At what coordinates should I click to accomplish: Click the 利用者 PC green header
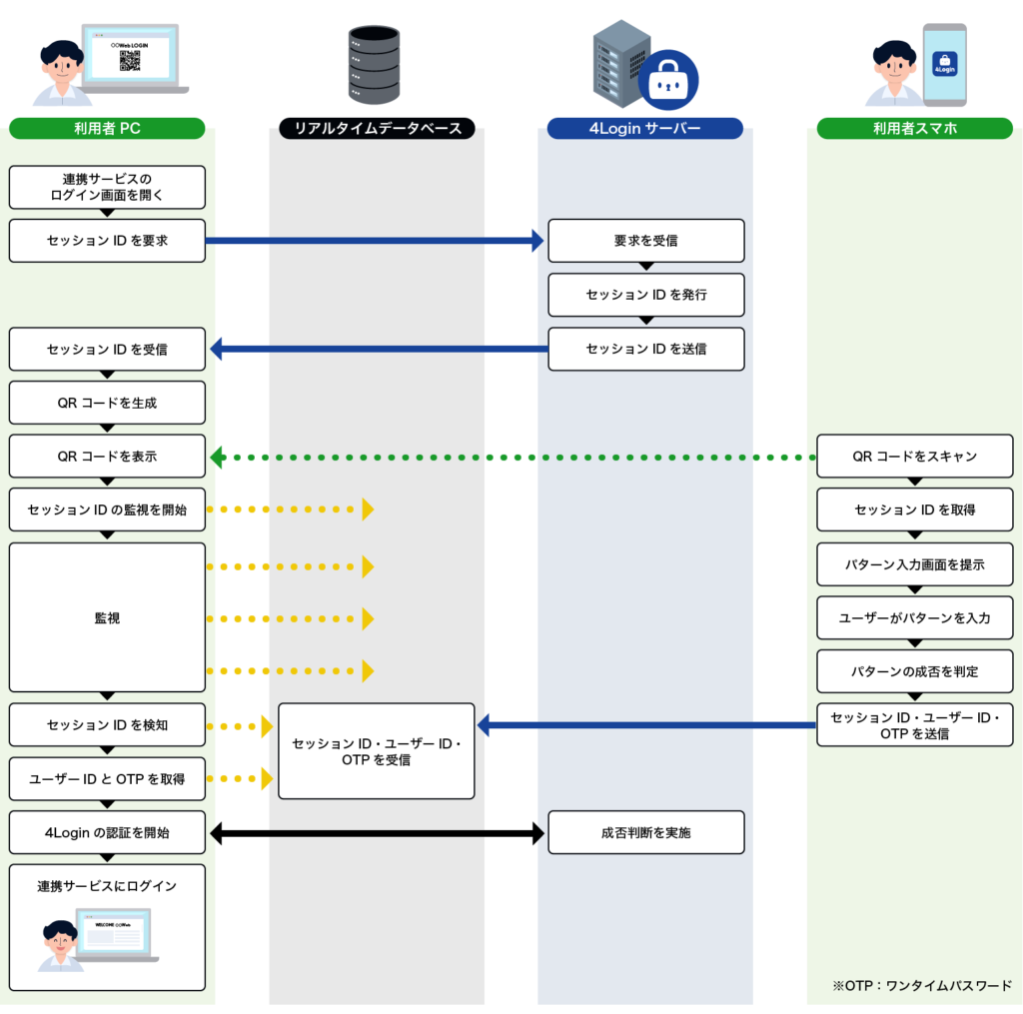click(107, 128)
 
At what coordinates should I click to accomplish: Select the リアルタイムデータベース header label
click(377, 128)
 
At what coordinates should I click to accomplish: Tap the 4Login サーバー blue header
click(645, 128)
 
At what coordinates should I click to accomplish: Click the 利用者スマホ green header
click(914, 128)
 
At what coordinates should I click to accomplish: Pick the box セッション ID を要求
click(107, 241)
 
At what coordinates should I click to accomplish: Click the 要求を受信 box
click(645, 241)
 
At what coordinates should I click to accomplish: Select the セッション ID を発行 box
click(645, 295)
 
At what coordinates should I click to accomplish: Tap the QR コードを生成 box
click(107, 403)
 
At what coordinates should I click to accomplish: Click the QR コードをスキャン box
click(914, 457)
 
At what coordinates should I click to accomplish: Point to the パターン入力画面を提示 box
click(914, 564)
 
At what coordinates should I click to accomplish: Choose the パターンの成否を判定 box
click(914, 671)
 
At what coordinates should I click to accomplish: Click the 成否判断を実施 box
click(645, 832)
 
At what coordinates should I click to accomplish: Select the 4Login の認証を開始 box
click(107, 832)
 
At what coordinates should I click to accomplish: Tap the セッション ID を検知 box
click(107, 725)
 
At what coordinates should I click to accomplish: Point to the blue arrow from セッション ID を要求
click(375, 241)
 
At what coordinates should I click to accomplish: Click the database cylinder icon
click(374, 65)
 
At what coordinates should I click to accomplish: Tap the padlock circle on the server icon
click(668, 80)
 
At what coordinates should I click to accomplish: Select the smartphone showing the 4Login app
click(944, 64)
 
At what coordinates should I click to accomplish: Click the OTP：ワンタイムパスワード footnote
click(921, 985)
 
